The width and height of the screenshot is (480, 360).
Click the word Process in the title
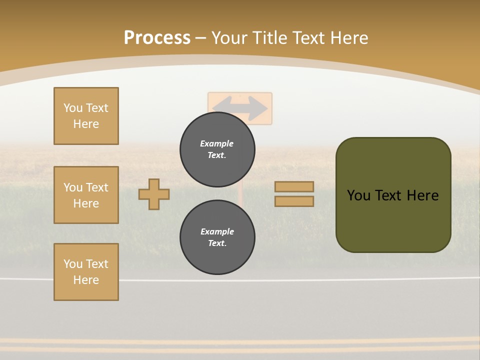pyautogui.click(x=157, y=38)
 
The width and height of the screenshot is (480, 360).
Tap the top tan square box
pyautogui.click(x=86, y=116)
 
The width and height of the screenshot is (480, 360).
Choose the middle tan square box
pyautogui.click(x=86, y=195)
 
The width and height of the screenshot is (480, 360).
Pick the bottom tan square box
pyautogui.click(x=86, y=272)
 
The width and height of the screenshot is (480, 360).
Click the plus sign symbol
pyautogui.click(x=154, y=194)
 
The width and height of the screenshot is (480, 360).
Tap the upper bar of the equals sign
pyautogui.click(x=294, y=186)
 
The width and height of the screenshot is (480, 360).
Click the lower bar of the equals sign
pyautogui.click(x=294, y=201)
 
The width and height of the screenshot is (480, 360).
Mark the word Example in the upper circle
pyautogui.click(x=216, y=143)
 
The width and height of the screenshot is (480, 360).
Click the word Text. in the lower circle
pyautogui.click(x=217, y=243)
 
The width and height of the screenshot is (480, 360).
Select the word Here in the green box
pyautogui.click(x=422, y=195)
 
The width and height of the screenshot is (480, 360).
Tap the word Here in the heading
pyautogui.click(x=347, y=38)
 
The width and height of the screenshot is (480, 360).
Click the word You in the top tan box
pyautogui.click(x=72, y=108)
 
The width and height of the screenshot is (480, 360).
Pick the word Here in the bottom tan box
pyautogui.click(x=86, y=280)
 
